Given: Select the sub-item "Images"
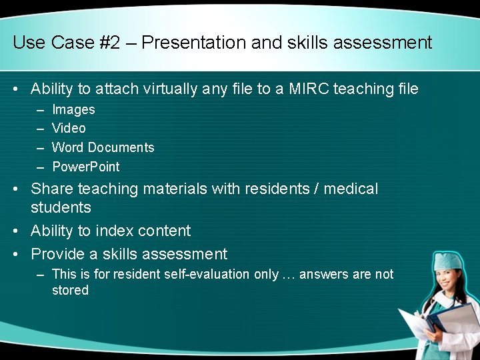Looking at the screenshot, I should click(73, 109).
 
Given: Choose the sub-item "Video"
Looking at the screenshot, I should click(69, 128).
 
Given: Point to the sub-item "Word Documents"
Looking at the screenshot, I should click(103, 147).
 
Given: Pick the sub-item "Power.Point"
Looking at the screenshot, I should click(86, 167).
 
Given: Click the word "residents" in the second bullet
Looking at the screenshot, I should click(280, 189).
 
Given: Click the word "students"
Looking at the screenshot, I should click(61, 207).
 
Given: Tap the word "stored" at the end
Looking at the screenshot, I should click(70, 290).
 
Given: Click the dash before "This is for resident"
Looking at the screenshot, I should click(41, 274).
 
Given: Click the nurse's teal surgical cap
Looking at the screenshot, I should click(448, 261).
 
